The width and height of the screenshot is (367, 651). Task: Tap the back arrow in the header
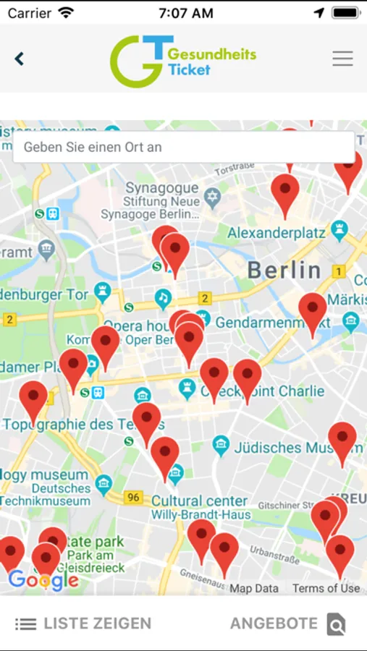pyautogui.click(x=20, y=59)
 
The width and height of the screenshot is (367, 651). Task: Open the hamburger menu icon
pyautogui.click(x=342, y=59)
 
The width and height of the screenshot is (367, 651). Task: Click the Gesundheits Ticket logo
pyautogui.click(x=182, y=61)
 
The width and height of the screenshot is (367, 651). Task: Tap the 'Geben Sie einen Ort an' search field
pyautogui.click(x=183, y=147)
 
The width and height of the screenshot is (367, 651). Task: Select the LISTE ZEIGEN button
pyautogui.click(x=83, y=624)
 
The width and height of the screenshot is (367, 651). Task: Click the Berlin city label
pyautogui.click(x=284, y=271)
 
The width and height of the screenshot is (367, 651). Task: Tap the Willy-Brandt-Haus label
pyautogui.click(x=201, y=515)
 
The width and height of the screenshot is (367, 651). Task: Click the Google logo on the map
pyautogui.click(x=43, y=579)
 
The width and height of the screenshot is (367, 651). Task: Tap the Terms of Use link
pyautogui.click(x=326, y=588)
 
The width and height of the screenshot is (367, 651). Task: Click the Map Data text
pyautogui.click(x=254, y=588)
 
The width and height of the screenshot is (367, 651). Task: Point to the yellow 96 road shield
pyautogui.click(x=133, y=497)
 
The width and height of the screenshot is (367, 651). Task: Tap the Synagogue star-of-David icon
pyautogui.click(x=211, y=197)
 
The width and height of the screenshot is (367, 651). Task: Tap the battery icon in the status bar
pyautogui.click(x=345, y=13)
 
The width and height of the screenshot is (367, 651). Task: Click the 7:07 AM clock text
pyautogui.click(x=185, y=13)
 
